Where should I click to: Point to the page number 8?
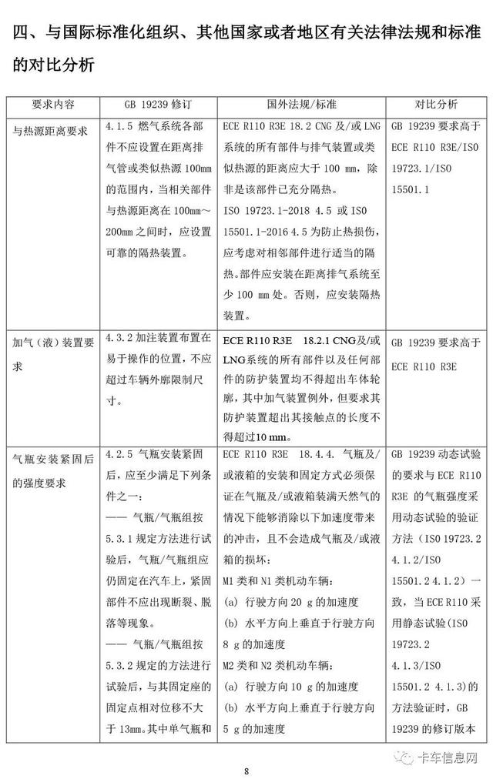[246, 771]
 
